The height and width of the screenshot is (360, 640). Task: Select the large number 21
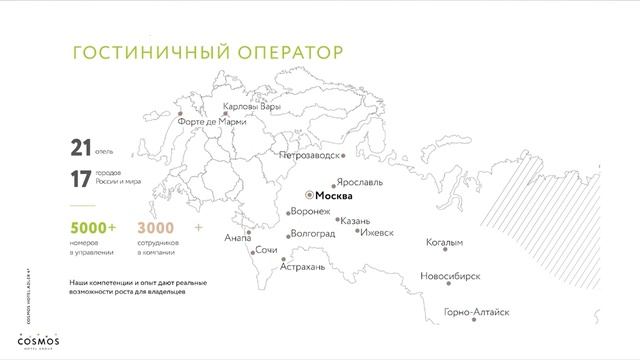(80, 149)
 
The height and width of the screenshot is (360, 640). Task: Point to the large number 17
(80, 180)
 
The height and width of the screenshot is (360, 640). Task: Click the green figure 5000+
(93, 228)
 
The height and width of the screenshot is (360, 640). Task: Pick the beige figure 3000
(154, 228)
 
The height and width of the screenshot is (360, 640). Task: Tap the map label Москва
(326, 197)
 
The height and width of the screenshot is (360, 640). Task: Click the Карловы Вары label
(253, 106)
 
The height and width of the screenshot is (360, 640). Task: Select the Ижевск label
(376, 232)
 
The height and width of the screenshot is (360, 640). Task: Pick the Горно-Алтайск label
(477, 313)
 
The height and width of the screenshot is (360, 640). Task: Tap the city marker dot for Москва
(309, 197)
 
